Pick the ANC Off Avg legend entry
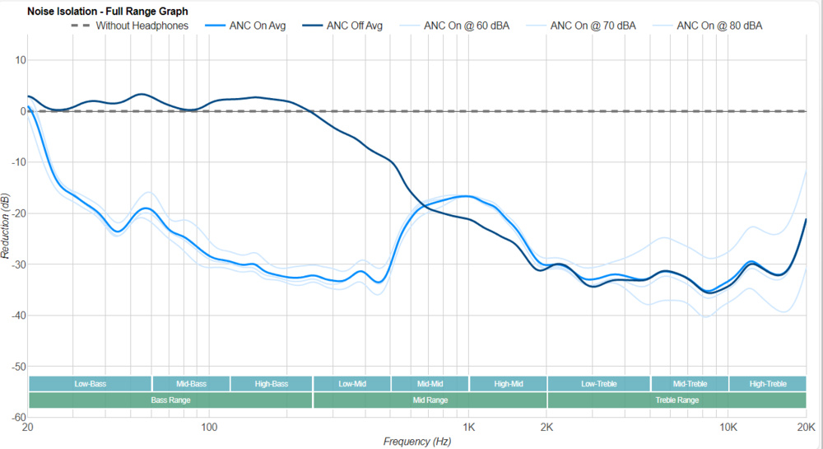coord(354,26)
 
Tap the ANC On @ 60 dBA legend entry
coord(467,26)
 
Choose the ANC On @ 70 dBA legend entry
coord(593,26)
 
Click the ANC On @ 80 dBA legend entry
coord(719,26)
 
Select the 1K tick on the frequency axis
coord(468,428)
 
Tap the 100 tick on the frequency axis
coord(209,428)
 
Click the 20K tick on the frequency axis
coord(806,428)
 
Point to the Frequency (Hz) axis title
coord(416,442)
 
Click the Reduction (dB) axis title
coord(7,226)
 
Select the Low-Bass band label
coord(90,384)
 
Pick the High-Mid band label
coord(508,384)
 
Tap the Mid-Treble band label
coord(690,384)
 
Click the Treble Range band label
coord(677,400)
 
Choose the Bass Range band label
coord(170,400)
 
